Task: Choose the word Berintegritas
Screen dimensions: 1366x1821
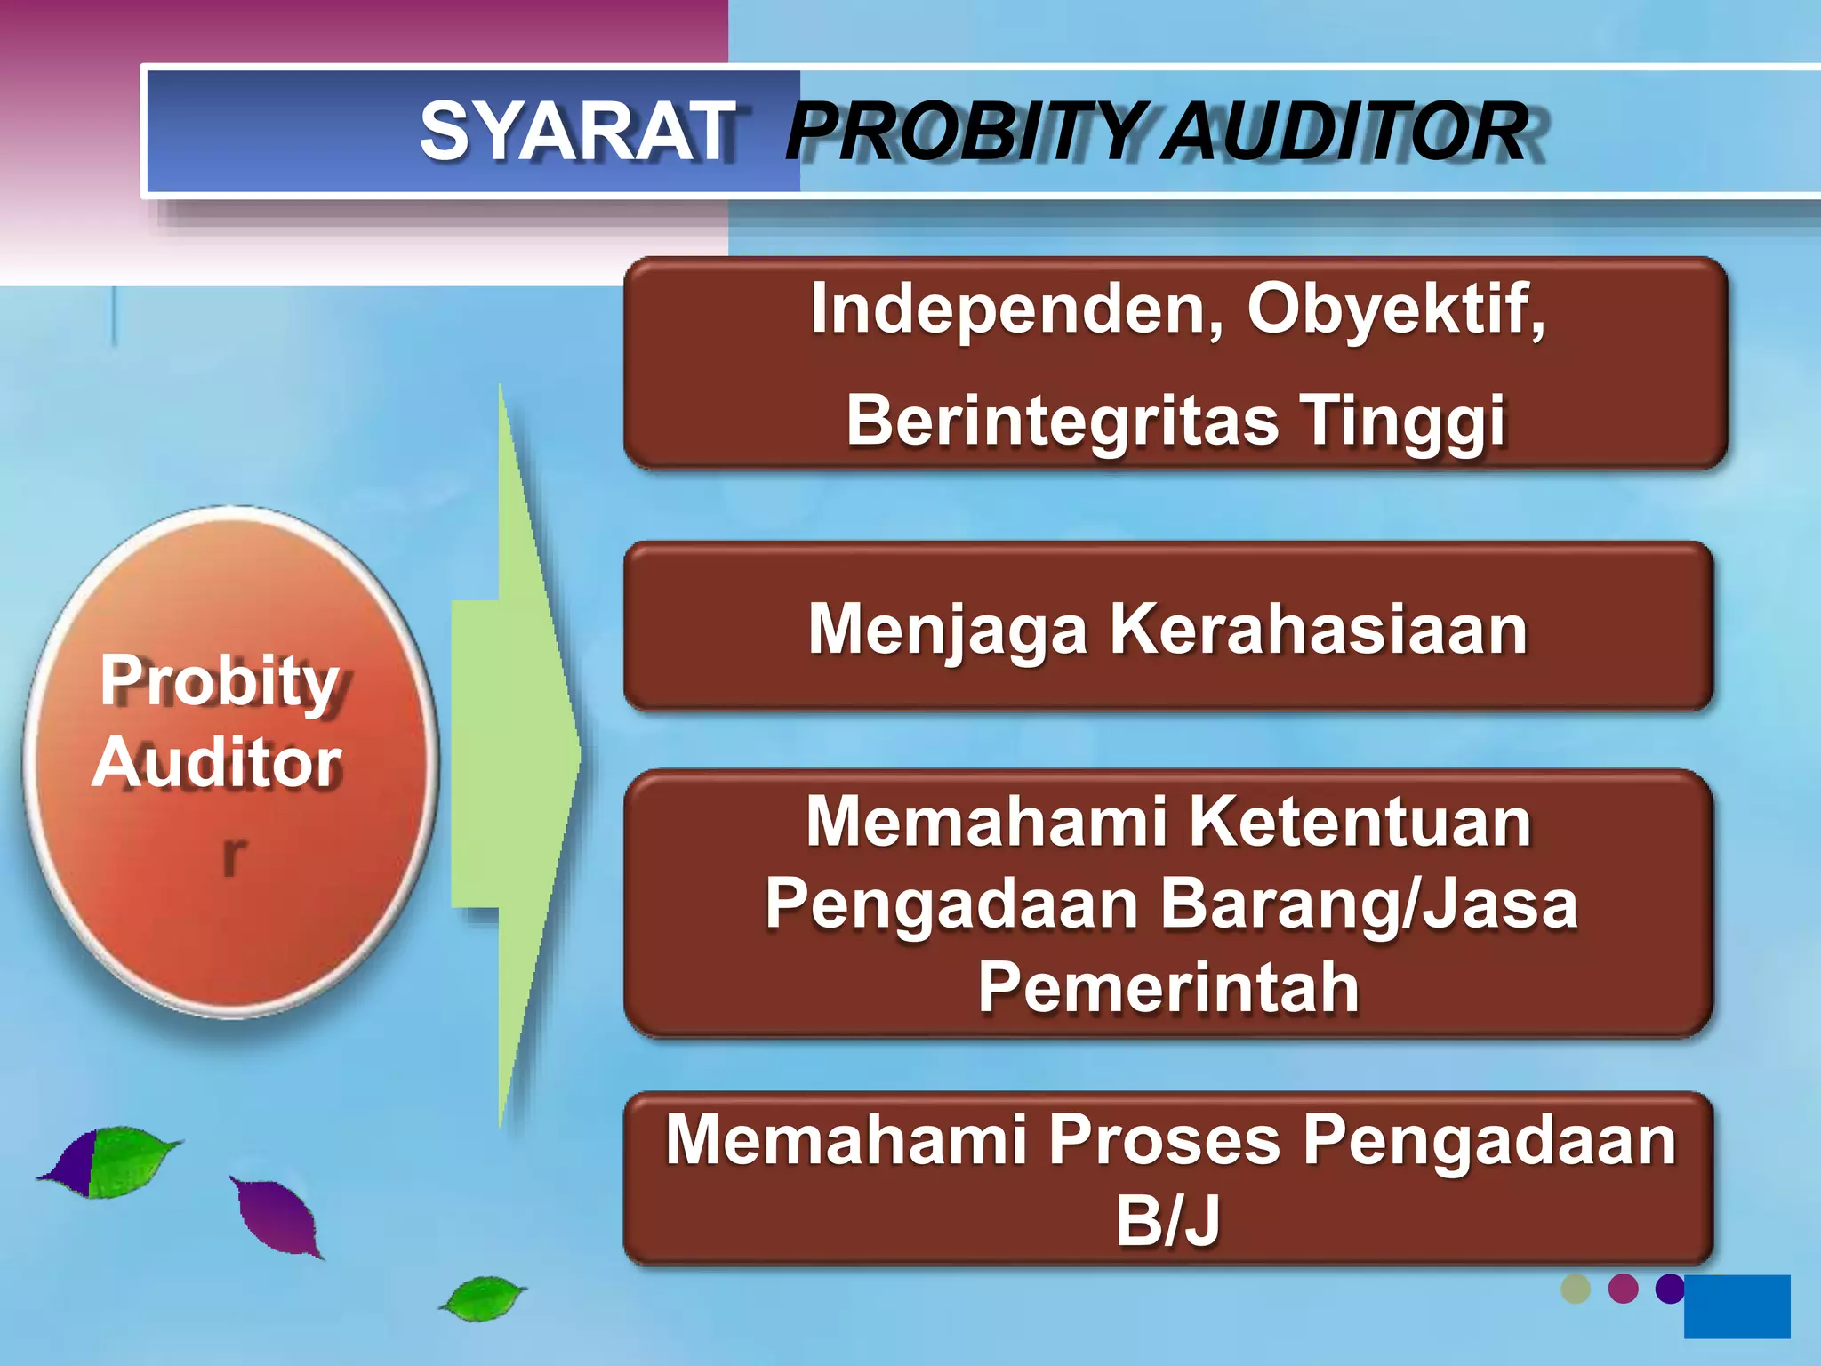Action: point(1063,420)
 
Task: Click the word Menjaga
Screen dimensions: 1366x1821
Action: point(948,630)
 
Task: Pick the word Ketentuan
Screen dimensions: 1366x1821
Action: point(1360,821)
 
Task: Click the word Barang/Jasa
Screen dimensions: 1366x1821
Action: point(1369,904)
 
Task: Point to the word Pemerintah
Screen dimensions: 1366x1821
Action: point(1168,987)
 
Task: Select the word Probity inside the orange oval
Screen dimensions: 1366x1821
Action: point(220,680)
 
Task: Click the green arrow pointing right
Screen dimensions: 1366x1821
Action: point(516,756)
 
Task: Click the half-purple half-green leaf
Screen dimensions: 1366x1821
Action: point(111,1161)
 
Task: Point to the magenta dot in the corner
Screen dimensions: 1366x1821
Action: point(1624,1289)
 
